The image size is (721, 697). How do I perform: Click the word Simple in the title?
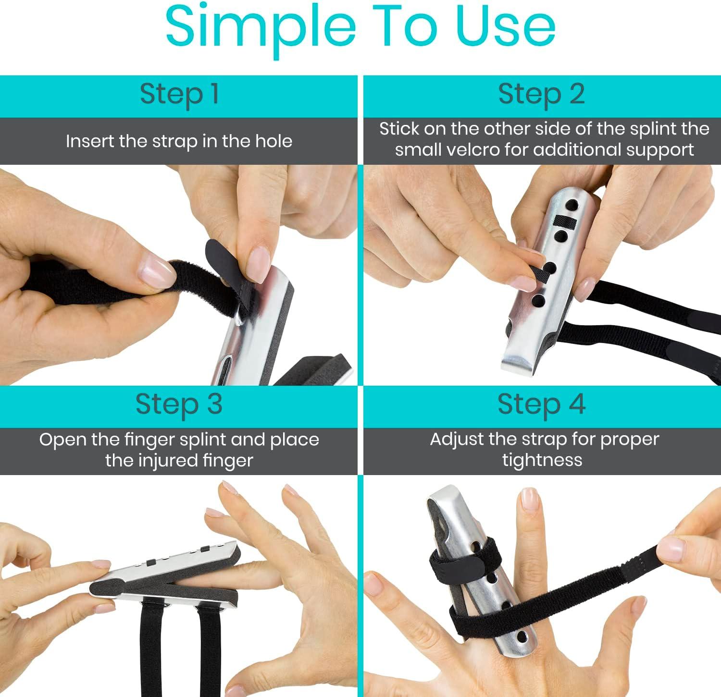[260, 27]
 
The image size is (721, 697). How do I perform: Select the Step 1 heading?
[179, 94]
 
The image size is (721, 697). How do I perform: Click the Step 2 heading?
[541, 94]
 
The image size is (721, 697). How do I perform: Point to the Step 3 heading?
[179, 404]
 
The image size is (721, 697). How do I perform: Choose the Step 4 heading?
[541, 404]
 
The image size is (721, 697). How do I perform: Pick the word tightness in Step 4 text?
[542, 460]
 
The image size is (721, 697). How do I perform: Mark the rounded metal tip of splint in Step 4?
[442, 495]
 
